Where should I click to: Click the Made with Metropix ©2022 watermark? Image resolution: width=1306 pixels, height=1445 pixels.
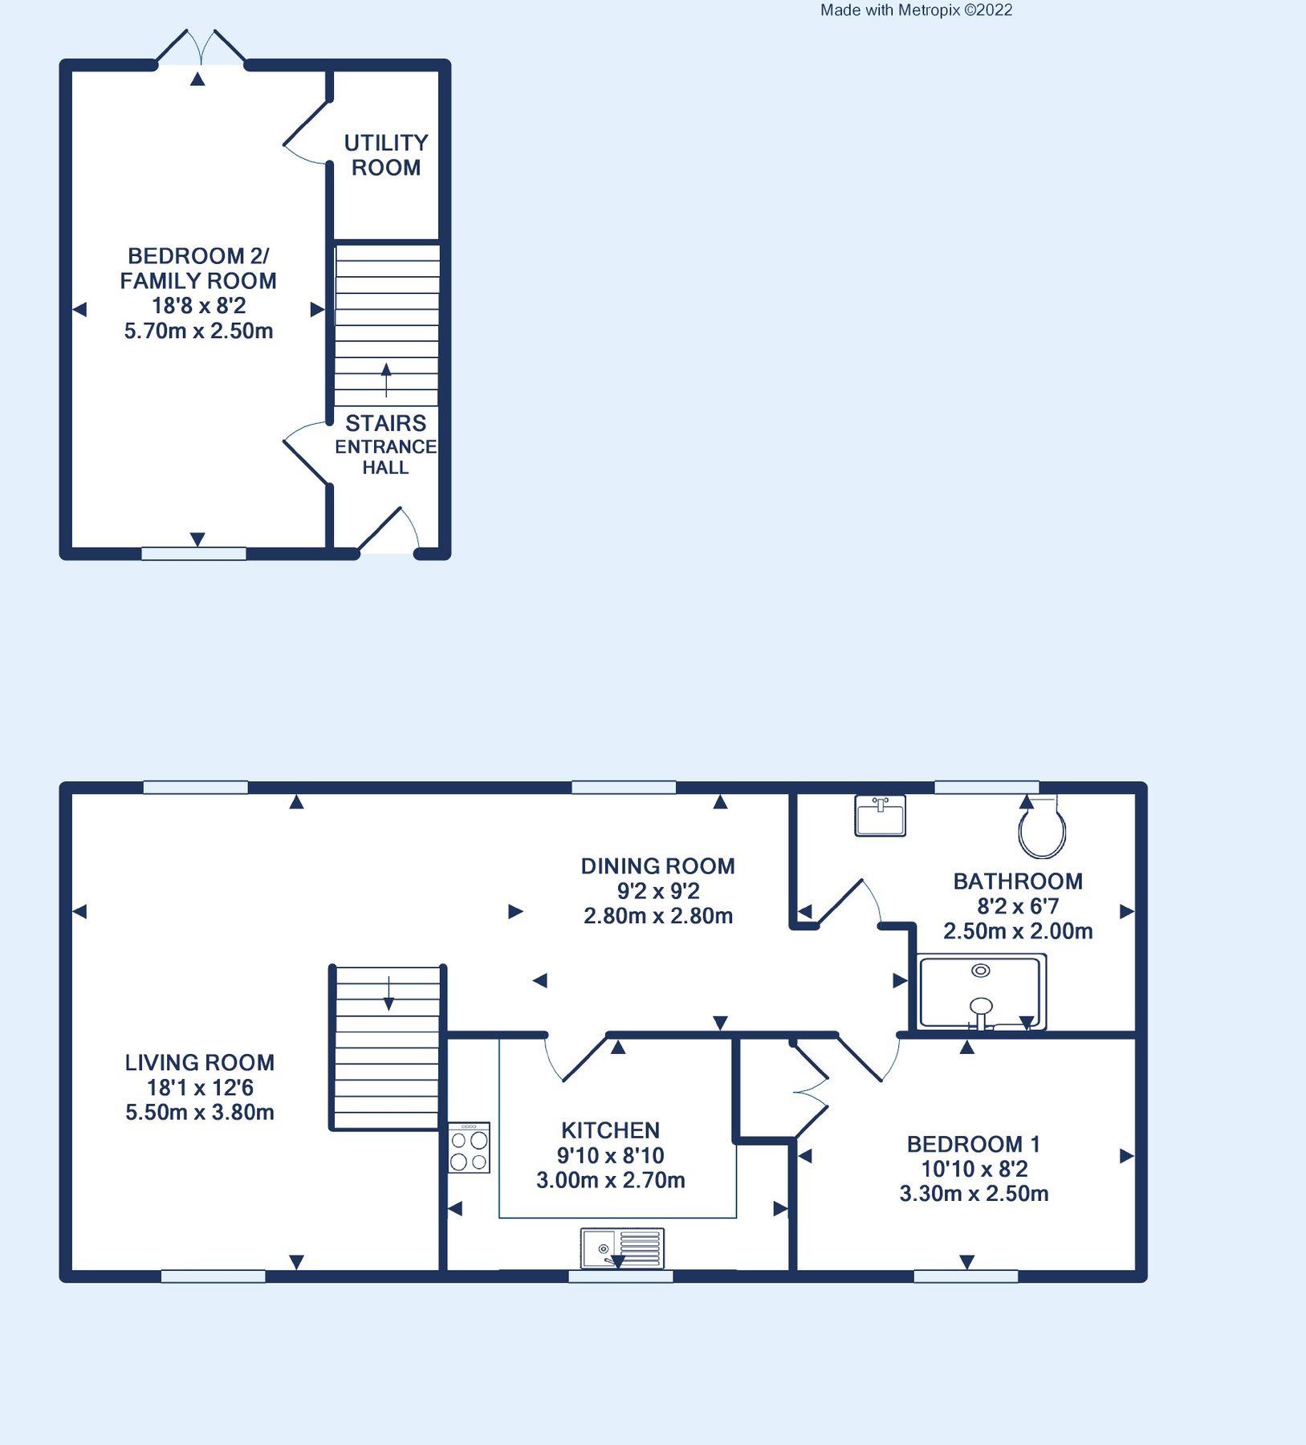click(x=916, y=10)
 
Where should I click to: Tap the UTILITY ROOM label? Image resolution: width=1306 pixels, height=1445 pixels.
click(x=386, y=155)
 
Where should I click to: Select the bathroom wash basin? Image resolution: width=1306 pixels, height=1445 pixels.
click(x=881, y=816)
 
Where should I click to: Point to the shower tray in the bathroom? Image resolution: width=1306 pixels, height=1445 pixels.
click(x=981, y=992)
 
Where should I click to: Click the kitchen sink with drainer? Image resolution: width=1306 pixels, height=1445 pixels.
click(x=622, y=1248)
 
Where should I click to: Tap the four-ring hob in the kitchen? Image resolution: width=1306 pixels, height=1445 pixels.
click(x=469, y=1149)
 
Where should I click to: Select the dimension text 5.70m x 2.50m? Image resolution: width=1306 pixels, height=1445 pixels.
click(x=198, y=331)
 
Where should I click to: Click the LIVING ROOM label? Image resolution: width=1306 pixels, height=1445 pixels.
click(x=200, y=1063)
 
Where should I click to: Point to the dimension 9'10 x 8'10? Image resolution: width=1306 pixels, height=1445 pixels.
click(x=610, y=1155)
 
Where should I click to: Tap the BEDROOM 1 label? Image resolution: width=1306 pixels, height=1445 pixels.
click(x=973, y=1144)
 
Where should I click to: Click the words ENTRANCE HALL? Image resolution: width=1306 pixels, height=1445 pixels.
click(x=386, y=457)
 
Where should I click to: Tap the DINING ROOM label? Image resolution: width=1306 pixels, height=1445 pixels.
click(x=657, y=866)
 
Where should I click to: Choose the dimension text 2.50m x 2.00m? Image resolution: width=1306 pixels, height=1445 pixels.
click(x=1017, y=931)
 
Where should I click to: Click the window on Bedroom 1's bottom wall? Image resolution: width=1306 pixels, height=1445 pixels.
click(x=966, y=1276)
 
